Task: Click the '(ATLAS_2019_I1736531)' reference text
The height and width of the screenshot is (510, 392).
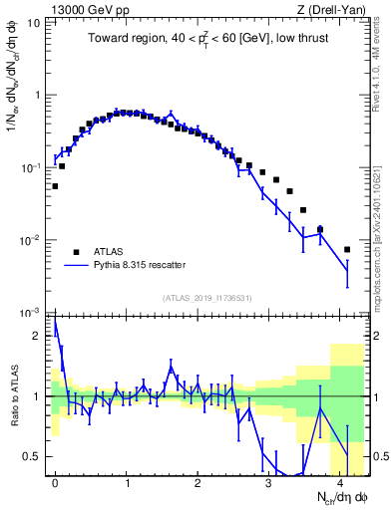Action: pyautogui.click(x=208, y=299)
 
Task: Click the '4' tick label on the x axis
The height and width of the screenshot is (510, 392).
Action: pyautogui.click(x=340, y=483)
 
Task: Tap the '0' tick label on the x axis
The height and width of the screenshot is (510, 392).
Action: pyautogui.click(x=55, y=483)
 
